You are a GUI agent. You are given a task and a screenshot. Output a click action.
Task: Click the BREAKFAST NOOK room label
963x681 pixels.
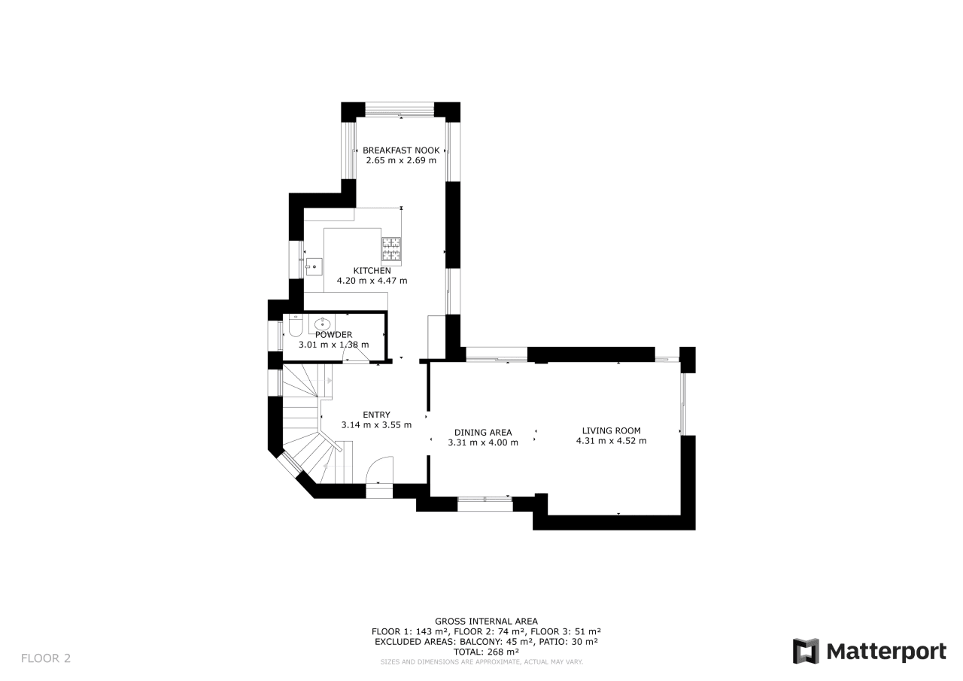click(401, 150)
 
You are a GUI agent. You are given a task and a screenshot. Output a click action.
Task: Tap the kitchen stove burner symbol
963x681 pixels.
click(391, 249)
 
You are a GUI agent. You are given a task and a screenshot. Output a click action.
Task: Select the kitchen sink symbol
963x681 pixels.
click(314, 266)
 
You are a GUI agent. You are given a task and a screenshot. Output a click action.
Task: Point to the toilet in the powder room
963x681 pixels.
click(296, 326)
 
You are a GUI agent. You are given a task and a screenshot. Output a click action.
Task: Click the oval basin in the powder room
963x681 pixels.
click(323, 324)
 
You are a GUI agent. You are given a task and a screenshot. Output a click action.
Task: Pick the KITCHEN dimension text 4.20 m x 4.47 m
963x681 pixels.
click(372, 281)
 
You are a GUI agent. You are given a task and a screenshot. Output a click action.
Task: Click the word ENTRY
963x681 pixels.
click(377, 415)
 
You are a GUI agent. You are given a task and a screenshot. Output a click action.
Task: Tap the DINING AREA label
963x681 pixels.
click(483, 433)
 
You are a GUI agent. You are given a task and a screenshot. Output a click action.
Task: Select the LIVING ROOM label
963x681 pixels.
click(612, 430)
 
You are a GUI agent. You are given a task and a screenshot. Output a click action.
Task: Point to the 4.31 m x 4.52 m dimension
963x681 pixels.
click(612, 441)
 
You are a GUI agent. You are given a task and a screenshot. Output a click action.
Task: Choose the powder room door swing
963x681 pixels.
click(356, 354)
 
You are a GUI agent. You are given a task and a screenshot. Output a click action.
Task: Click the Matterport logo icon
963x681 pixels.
click(806, 652)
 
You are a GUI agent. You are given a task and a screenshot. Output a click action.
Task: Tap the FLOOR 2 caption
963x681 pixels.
click(46, 658)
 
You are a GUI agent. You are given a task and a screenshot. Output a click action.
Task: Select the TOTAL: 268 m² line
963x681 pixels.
click(486, 652)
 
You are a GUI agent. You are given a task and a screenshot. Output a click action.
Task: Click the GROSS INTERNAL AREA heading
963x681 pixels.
click(486, 622)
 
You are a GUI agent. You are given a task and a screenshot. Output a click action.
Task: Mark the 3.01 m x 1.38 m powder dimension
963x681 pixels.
click(333, 345)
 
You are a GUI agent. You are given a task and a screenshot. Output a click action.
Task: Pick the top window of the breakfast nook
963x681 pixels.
click(399, 110)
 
